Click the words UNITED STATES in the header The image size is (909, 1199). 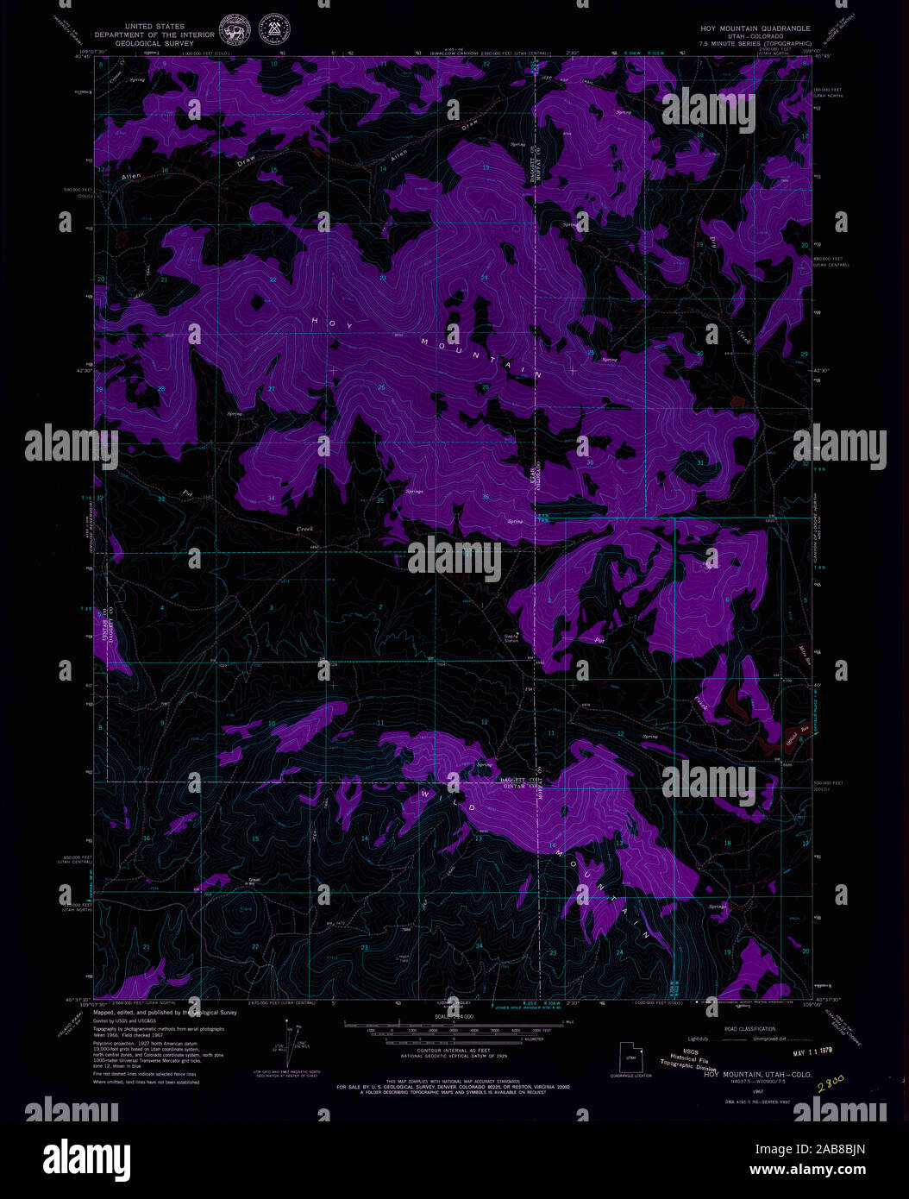coord(155,27)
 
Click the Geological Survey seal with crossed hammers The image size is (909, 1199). coord(274,31)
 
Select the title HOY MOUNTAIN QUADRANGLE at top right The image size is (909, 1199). coord(755,28)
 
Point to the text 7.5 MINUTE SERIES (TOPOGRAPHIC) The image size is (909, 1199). coord(756,43)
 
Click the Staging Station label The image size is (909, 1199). coord(511,638)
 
